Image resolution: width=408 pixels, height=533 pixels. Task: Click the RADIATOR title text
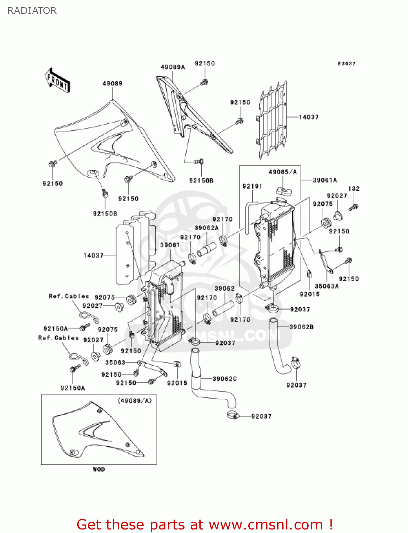(32, 11)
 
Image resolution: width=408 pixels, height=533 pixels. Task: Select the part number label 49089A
(173, 67)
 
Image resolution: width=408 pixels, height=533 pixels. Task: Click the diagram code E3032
(346, 64)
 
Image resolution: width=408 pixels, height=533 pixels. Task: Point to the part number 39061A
(324, 180)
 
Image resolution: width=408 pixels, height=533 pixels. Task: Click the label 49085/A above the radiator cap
(282, 172)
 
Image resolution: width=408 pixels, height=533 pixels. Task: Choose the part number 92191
(252, 186)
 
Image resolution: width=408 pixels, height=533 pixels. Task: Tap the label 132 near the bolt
(354, 189)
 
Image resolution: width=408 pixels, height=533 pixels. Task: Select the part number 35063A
(327, 286)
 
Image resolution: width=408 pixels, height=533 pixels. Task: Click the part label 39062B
(301, 327)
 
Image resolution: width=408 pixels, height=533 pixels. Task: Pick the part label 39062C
(224, 379)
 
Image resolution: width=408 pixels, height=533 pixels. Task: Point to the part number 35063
(115, 362)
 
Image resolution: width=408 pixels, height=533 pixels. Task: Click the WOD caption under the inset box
(99, 469)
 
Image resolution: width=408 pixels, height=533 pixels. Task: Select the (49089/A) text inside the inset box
(134, 401)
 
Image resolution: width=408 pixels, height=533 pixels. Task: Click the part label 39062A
(206, 228)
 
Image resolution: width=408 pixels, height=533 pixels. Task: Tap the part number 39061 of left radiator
(170, 245)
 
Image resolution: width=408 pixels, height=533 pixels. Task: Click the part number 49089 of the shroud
(112, 84)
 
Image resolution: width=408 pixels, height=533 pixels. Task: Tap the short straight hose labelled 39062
(223, 308)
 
